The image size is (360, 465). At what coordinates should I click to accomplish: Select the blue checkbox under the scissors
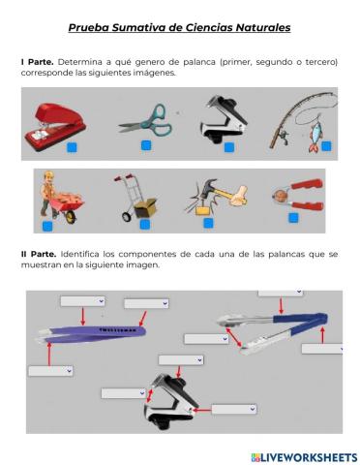click(146, 145)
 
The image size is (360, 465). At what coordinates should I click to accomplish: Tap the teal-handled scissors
click(142, 119)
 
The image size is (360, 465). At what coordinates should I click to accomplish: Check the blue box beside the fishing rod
click(327, 146)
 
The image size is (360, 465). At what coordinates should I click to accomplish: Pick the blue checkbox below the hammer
click(208, 223)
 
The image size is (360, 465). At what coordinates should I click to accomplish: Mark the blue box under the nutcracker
click(293, 219)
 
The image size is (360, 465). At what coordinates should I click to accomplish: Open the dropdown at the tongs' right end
click(322, 348)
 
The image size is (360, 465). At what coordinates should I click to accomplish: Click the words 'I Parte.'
click(37, 61)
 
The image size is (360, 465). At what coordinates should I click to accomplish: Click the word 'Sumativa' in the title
click(149, 28)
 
